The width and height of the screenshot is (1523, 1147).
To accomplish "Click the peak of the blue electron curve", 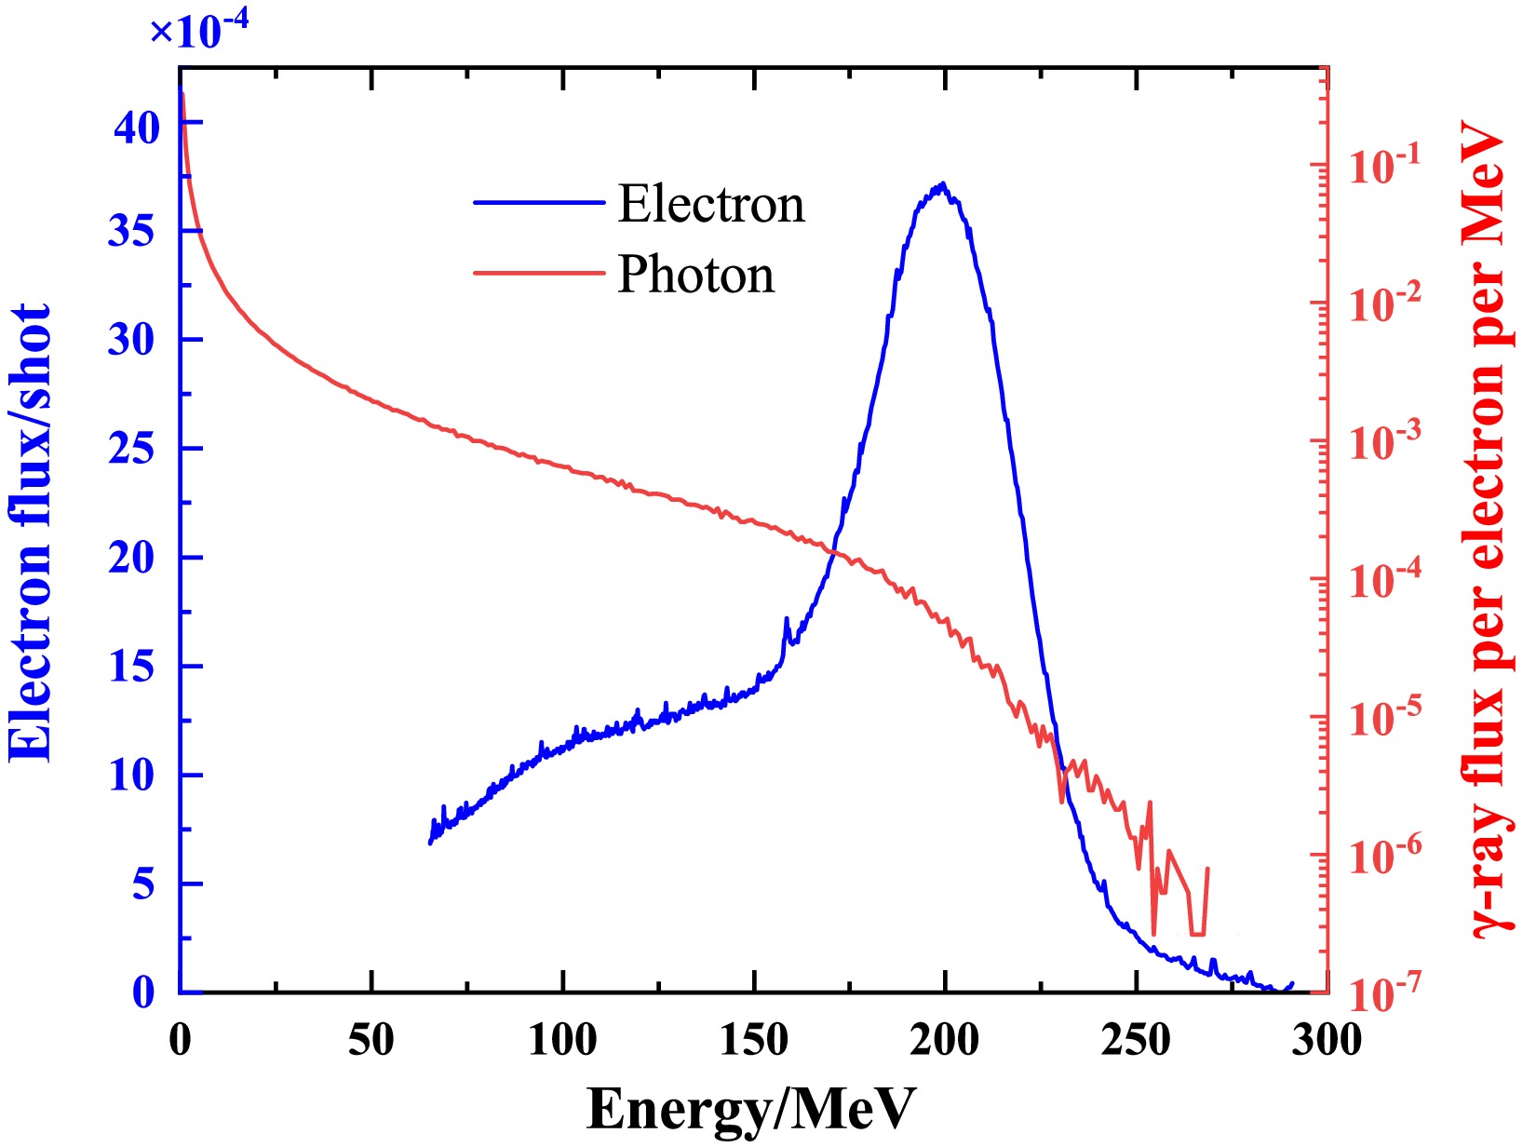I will [943, 183].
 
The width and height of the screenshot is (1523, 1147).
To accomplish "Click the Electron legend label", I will [711, 205].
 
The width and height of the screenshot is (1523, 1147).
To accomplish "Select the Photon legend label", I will [696, 275].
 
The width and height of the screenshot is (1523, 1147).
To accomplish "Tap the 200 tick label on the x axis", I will [945, 1039].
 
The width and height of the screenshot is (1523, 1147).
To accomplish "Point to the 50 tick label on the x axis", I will [371, 1039].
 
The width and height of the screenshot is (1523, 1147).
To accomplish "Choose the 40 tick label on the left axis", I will [137, 128].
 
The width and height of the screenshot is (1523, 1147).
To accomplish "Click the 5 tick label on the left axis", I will [143, 884].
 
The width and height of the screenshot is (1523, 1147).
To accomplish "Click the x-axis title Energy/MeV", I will [752, 1109].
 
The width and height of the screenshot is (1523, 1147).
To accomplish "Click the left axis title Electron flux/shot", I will [32, 533].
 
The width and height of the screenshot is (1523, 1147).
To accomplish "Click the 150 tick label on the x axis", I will [754, 1039].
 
